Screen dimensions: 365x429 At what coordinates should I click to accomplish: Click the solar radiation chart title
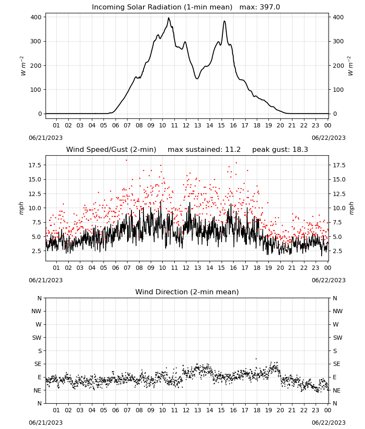pyautogui.click(x=186, y=7)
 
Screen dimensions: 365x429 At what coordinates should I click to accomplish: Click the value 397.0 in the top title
pyautogui.click(x=270, y=7)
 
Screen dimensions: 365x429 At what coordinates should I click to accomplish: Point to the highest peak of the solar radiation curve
pyautogui.click(x=169, y=18)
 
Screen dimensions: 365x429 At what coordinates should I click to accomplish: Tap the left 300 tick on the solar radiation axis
pyautogui.click(x=36, y=41)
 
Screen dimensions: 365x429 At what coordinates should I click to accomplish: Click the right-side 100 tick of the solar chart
pyautogui.click(x=338, y=90)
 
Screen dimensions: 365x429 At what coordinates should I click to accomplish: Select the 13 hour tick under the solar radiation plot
pyautogui.click(x=198, y=126)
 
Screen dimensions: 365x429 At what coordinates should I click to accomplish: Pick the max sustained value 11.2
pyautogui.click(x=233, y=150)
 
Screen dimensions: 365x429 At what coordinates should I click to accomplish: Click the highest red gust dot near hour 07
pyautogui.click(x=127, y=160)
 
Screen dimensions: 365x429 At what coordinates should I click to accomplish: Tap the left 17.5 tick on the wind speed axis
pyautogui.click(x=34, y=165)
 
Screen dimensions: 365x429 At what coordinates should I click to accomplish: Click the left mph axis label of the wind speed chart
pyautogui.click(x=21, y=208)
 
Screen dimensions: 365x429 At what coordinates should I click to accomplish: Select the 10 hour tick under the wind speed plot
pyautogui.click(x=162, y=268)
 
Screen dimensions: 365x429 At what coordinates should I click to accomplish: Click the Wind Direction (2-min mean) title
pyautogui.click(x=187, y=292)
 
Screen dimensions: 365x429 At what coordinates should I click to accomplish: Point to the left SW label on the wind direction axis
pyautogui.click(x=37, y=338)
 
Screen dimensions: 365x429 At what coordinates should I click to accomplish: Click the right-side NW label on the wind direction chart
pyautogui.click(x=338, y=311)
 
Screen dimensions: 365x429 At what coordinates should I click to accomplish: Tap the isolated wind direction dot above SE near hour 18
pyautogui.click(x=256, y=359)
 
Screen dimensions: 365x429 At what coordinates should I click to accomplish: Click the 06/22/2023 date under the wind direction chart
pyautogui.click(x=328, y=423)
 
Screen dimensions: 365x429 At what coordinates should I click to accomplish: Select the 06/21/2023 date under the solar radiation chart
pyautogui.click(x=46, y=138)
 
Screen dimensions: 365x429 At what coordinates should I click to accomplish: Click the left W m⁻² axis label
pyautogui.click(x=23, y=66)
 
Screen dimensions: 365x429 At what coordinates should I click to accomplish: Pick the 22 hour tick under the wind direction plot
pyautogui.click(x=304, y=411)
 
